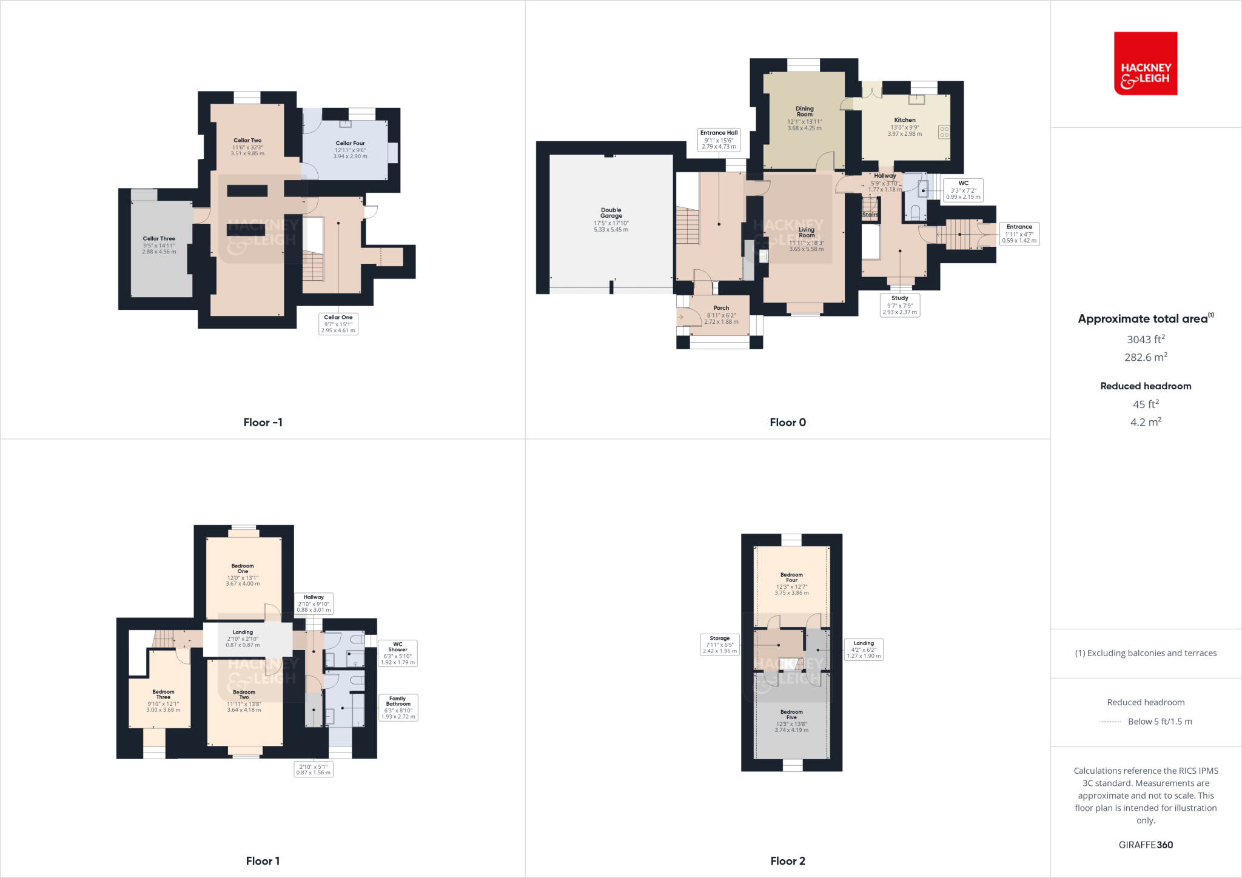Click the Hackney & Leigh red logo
(x=1145, y=64)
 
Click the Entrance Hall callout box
(x=719, y=139)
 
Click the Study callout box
(x=899, y=305)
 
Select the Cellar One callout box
(x=338, y=324)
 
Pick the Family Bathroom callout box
(x=398, y=708)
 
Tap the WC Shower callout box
(x=397, y=653)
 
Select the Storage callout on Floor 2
(x=719, y=645)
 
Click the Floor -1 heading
(x=263, y=423)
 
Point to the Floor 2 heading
(x=788, y=861)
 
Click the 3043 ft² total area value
(x=1145, y=340)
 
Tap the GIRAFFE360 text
(x=1145, y=845)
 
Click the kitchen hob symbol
(x=944, y=132)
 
